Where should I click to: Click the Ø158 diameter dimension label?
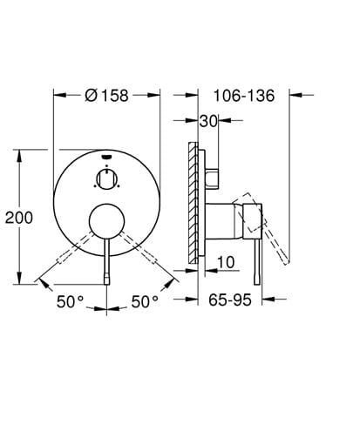106,95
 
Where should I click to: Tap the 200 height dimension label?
19,218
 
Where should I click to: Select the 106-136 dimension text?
244,96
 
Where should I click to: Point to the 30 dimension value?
208,121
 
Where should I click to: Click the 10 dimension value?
226,262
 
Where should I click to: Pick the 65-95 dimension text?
230,300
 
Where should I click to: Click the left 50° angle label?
70,301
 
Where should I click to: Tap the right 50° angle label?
145,301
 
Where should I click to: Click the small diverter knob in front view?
107,179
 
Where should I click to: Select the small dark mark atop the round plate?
107,157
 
